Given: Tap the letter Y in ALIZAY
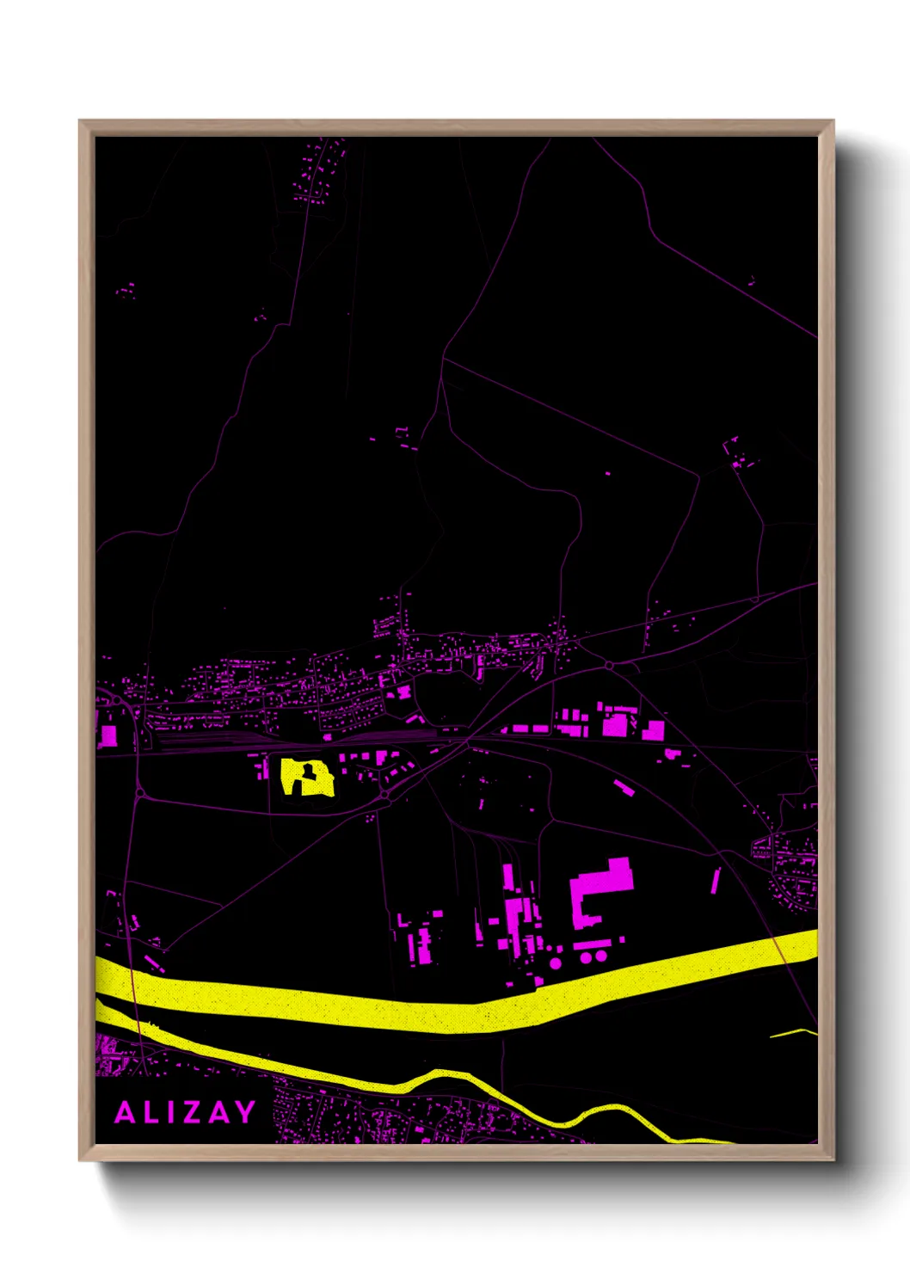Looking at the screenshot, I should pyautogui.click(x=244, y=1112).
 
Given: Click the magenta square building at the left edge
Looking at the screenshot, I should pyautogui.click(x=108, y=736).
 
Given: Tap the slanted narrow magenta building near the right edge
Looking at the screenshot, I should pyautogui.click(x=714, y=881).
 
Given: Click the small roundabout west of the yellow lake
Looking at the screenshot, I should pyautogui.click(x=139, y=792).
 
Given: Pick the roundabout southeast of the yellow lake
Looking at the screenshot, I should pyautogui.click(x=386, y=796).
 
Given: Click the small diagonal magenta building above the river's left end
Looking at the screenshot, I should pyautogui.click(x=154, y=962).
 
